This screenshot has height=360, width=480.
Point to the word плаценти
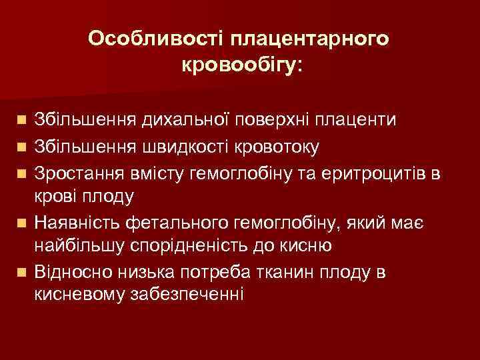(x=357, y=121)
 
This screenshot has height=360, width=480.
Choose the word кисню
(x=304, y=246)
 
